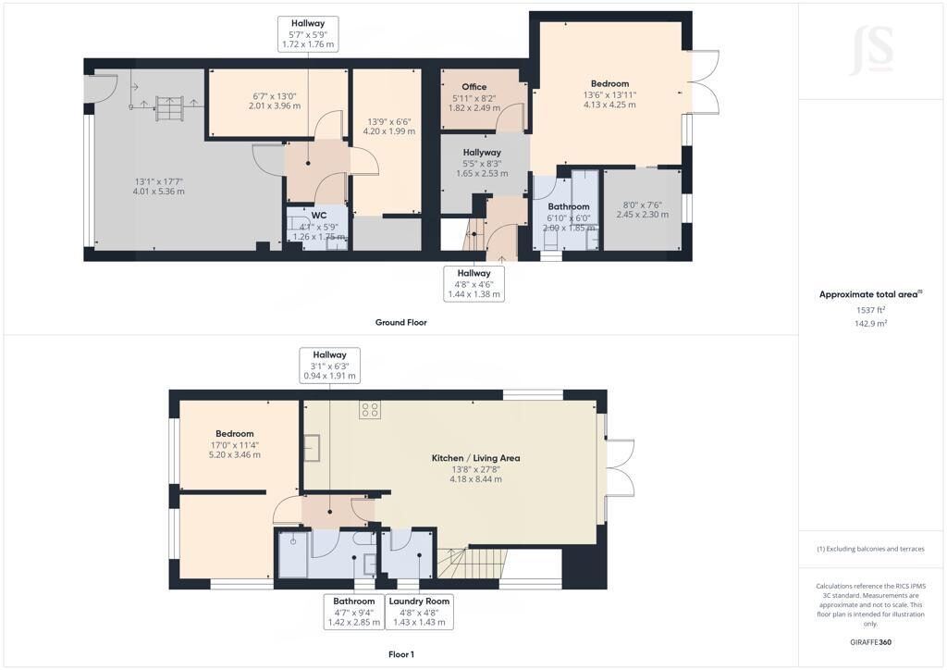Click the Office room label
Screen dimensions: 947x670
pos(474,87)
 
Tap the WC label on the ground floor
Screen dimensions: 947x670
pos(319,216)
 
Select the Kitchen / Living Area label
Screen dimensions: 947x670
pos(476,459)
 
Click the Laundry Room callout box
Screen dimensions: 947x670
pos(419,612)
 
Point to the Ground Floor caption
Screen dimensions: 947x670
pos(401,323)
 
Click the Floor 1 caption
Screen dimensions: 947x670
pos(401,654)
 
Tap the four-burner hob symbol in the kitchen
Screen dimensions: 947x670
pos(370,410)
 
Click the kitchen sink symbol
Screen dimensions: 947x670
pos(312,448)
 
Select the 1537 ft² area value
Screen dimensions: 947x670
pos(870,310)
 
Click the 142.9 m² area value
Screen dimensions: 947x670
pos(870,323)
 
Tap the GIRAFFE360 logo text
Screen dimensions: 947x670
pos(870,642)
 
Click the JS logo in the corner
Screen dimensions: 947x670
pos(871,50)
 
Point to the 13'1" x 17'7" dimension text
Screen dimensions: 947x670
pos(159,181)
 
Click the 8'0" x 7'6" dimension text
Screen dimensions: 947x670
pos(643,205)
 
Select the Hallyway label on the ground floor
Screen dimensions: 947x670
pos(482,153)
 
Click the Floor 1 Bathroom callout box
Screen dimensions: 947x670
pos(354,612)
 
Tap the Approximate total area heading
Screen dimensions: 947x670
pos(868,295)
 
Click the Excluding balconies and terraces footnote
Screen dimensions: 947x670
pos(870,549)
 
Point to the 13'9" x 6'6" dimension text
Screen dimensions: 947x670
pos(388,120)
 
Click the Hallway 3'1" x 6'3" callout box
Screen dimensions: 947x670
pos(330,365)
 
